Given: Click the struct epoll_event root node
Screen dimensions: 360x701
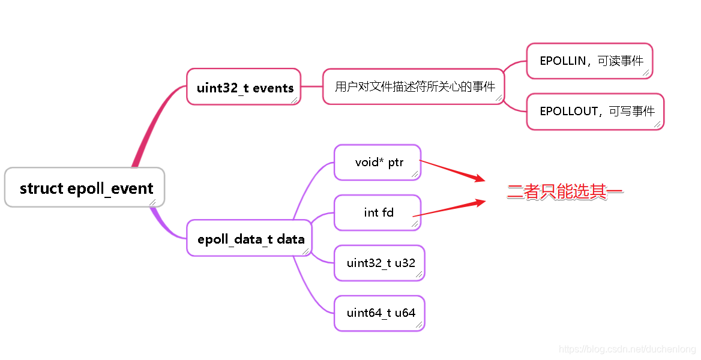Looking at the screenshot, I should (85, 188).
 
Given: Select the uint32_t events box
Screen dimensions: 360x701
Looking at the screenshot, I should (244, 87).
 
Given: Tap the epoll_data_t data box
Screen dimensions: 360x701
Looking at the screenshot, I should (249, 238).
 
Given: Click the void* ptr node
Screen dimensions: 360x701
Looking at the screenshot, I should (378, 162).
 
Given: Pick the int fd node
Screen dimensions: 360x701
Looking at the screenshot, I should (378, 212).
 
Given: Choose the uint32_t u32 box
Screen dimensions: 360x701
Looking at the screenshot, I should (379, 263).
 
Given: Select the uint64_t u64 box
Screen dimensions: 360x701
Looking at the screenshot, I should (379, 313).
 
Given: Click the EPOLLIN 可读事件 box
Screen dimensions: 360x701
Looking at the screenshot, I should (589, 61).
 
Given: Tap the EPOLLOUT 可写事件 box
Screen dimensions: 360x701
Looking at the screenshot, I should (595, 111).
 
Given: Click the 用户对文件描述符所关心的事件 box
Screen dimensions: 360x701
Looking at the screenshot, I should (414, 86).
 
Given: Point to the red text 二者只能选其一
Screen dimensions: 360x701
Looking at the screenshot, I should (565, 192).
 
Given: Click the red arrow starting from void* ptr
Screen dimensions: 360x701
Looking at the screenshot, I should (451, 170).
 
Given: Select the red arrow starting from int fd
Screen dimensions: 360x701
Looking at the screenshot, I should (449, 209).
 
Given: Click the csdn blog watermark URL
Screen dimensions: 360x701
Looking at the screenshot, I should (627, 349).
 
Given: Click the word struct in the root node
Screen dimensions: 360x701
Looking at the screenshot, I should (41, 188).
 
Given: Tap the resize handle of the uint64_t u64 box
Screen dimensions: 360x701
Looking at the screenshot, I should (419, 325).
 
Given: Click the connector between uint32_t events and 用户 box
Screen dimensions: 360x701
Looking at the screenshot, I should (311, 86).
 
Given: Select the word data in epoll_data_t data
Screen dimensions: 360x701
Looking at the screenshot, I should (290, 239).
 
